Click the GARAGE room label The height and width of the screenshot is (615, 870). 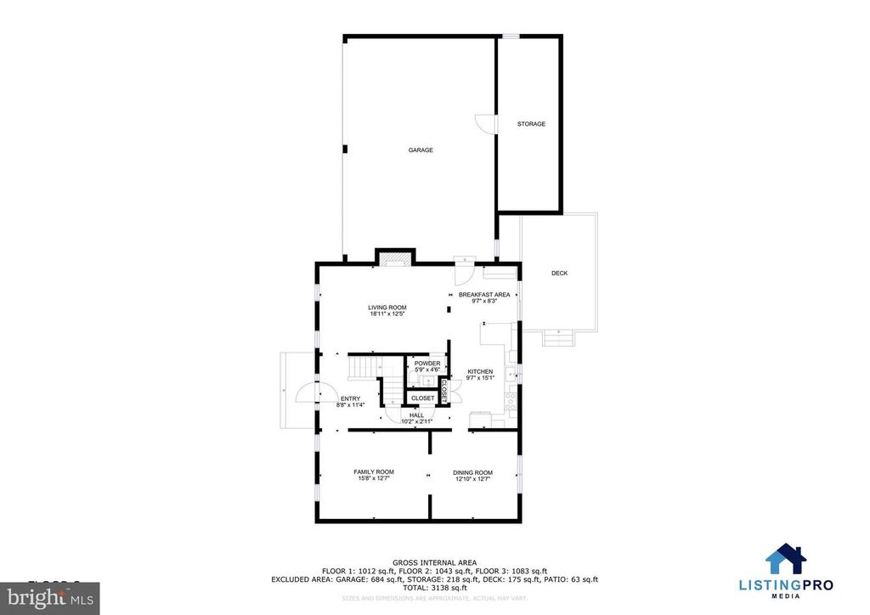pyautogui.click(x=421, y=150)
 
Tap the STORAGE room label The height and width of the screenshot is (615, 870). pyautogui.click(x=531, y=124)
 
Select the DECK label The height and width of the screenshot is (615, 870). pyautogui.click(x=559, y=273)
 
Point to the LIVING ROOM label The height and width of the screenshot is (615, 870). pyautogui.click(x=387, y=307)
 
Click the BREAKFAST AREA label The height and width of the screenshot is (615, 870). pyautogui.click(x=484, y=295)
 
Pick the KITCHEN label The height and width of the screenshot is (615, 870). pyautogui.click(x=480, y=372)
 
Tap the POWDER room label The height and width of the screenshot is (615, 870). pyautogui.click(x=427, y=364)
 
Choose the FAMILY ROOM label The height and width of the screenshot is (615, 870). pyautogui.click(x=374, y=472)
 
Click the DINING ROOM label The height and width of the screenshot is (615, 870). pyautogui.click(x=472, y=472)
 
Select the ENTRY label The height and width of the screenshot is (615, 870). pyautogui.click(x=350, y=398)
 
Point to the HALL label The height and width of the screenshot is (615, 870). pyautogui.click(x=416, y=415)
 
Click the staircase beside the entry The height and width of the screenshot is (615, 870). pyautogui.click(x=364, y=368)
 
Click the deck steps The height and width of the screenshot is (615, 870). pyautogui.click(x=557, y=338)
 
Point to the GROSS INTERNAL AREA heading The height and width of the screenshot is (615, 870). pyautogui.click(x=434, y=562)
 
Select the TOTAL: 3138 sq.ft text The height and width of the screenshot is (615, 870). pyautogui.click(x=434, y=588)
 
